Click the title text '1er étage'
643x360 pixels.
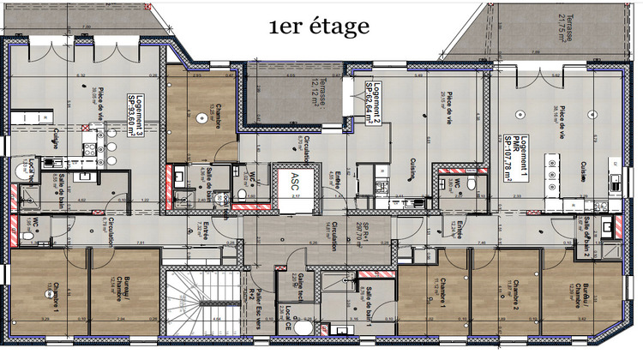coord(319,27)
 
